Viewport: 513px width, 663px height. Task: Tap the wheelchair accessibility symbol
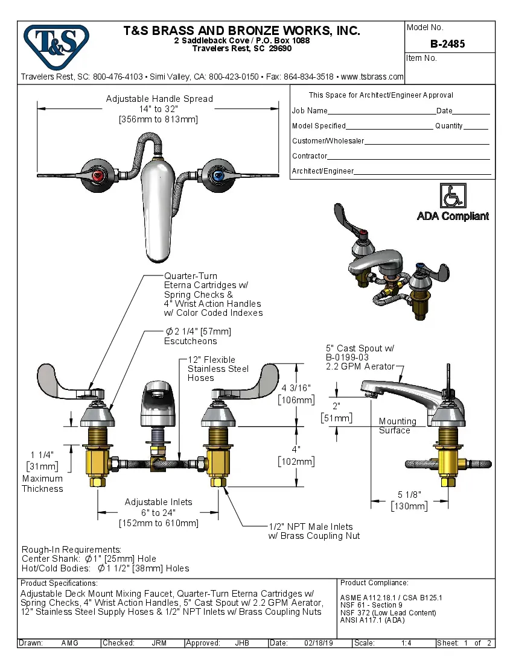click(453, 196)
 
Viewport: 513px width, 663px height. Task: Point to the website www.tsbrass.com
click(372, 77)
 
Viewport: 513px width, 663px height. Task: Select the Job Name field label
click(310, 111)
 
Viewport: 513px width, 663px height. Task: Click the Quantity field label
click(448, 126)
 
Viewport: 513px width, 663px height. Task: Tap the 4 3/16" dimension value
click(296, 388)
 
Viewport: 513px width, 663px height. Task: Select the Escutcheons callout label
click(191, 341)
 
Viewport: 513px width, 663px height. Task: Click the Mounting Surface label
click(397, 426)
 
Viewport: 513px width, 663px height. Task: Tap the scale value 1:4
click(406, 643)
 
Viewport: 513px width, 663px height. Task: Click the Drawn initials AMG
click(70, 643)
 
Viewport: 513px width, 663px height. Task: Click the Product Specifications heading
click(59, 583)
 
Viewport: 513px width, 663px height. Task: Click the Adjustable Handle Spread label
click(159, 99)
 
